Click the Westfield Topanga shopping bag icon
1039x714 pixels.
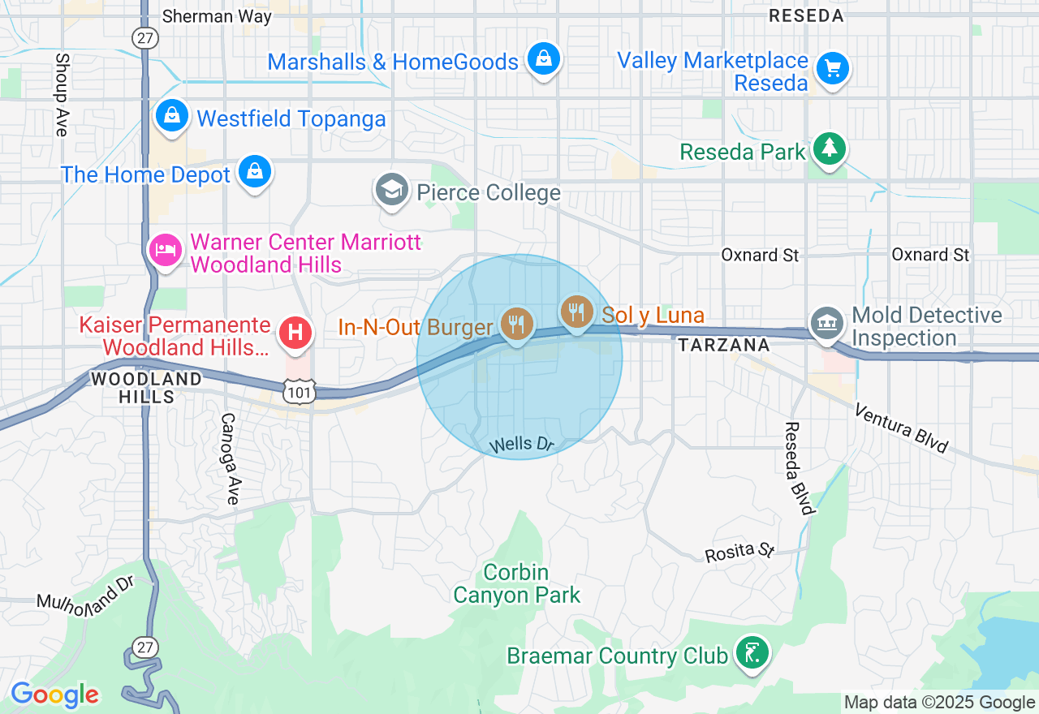click(172, 116)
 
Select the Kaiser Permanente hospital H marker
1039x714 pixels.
click(296, 333)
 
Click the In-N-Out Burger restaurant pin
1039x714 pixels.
click(516, 325)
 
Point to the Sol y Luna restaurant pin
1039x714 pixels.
click(577, 311)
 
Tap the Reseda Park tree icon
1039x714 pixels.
click(829, 148)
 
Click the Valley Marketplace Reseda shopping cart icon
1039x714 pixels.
click(832, 68)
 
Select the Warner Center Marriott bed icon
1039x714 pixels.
click(166, 249)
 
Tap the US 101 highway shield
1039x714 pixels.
click(299, 391)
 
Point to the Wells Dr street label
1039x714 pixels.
click(522, 444)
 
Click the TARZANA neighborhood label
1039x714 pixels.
click(724, 345)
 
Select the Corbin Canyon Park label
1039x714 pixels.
click(517, 584)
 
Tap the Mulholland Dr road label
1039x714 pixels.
click(85, 598)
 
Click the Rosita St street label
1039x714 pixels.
click(739, 552)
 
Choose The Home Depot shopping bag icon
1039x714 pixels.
click(255, 171)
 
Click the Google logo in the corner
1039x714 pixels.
click(55, 695)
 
